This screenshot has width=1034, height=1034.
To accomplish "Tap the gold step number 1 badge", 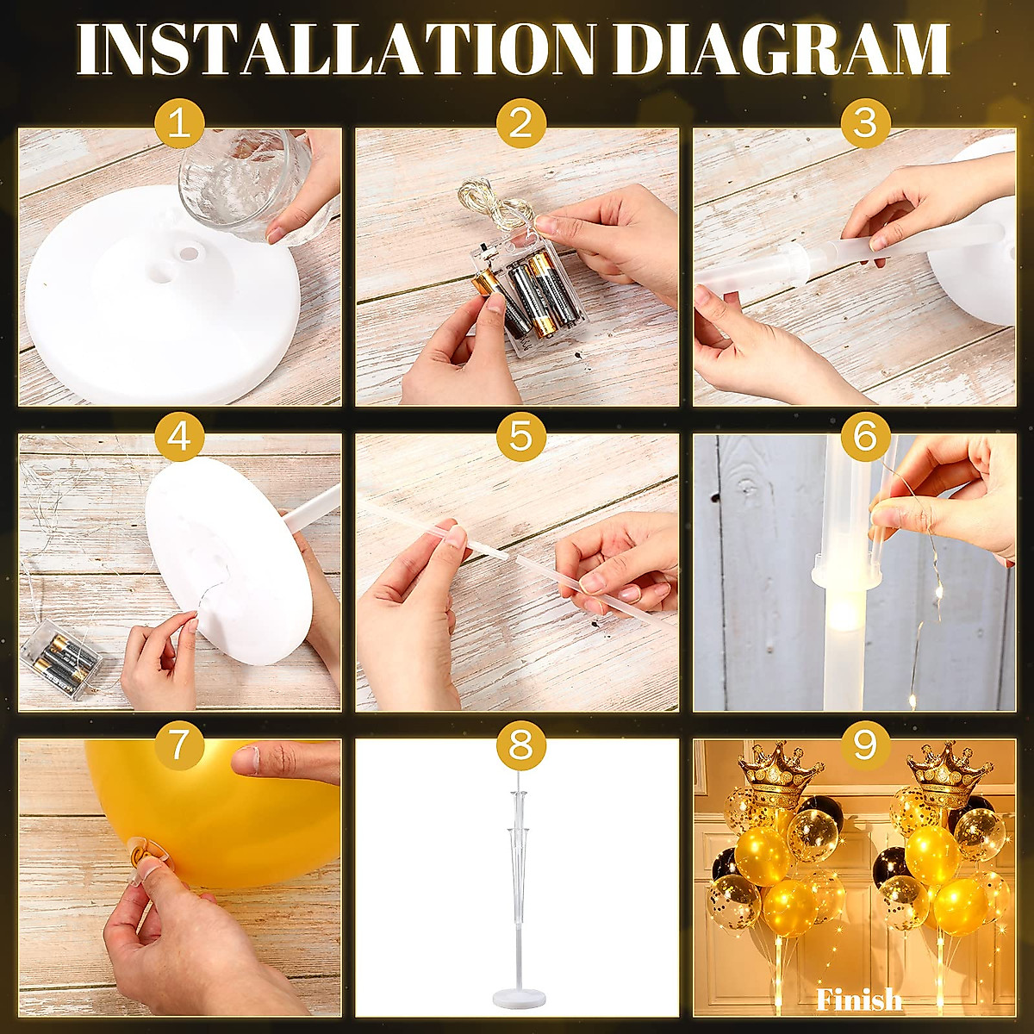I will click(x=178, y=124).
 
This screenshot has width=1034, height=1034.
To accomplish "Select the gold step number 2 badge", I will click(x=521, y=124).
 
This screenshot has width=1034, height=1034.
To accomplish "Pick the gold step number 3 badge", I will click(x=864, y=124).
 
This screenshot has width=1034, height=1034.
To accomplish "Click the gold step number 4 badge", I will click(x=178, y=437).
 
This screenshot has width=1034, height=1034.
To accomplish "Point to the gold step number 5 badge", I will click(x=521, y=437).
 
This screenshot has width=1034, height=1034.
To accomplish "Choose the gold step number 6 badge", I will click(x=864, y=437).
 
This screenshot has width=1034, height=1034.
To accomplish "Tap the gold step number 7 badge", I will click(x=178, y=743).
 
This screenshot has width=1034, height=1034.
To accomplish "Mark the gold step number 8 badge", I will click(x=521, y=743).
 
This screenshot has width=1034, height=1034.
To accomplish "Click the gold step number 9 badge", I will click(x=864, y=743).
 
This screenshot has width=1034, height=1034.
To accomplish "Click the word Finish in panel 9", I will click(x=859, y=1000).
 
